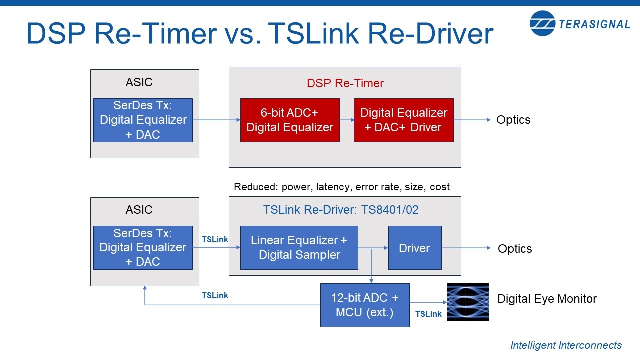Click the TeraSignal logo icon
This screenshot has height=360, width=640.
542,23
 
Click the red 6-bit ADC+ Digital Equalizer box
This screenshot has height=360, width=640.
290,120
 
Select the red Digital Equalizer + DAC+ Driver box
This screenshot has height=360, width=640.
403,120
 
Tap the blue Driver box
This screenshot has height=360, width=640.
415,248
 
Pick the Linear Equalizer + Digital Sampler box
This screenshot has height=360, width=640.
299,248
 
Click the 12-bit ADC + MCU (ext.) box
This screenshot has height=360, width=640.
365,305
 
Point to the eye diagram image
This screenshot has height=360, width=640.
467,302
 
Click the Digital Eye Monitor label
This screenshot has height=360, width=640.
547,299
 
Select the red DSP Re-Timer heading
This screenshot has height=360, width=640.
345,83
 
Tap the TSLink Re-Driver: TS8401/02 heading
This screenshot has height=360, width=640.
341,210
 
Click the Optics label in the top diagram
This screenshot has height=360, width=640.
513,120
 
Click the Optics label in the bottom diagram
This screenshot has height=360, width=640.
515,248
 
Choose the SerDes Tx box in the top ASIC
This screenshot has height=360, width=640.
143,120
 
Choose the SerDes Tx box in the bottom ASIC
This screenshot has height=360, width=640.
143,248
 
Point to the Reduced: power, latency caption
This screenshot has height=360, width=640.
342,187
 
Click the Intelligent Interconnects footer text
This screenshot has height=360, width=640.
566,345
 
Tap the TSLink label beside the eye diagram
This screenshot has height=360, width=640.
428,314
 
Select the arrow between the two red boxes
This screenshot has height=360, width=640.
346,120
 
